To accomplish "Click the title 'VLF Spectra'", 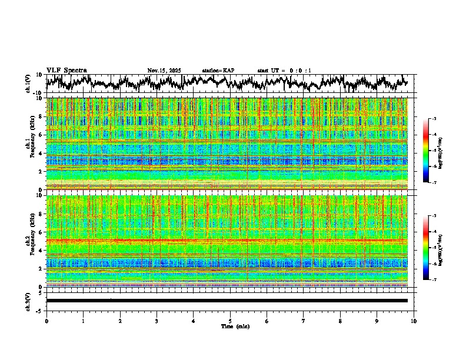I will (66, 71).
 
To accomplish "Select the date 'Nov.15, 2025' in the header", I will (164, 71).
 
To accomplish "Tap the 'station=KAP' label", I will (218, 71).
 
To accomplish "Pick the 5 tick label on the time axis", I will (230, 321).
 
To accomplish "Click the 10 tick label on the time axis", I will (414, 321).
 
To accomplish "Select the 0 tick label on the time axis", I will (46, 321).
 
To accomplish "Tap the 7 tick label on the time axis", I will (304, 321).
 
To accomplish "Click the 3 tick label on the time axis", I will (157, 321).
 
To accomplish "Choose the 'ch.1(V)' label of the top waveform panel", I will (28, 84).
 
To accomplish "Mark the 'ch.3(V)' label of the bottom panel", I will (28, 300).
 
